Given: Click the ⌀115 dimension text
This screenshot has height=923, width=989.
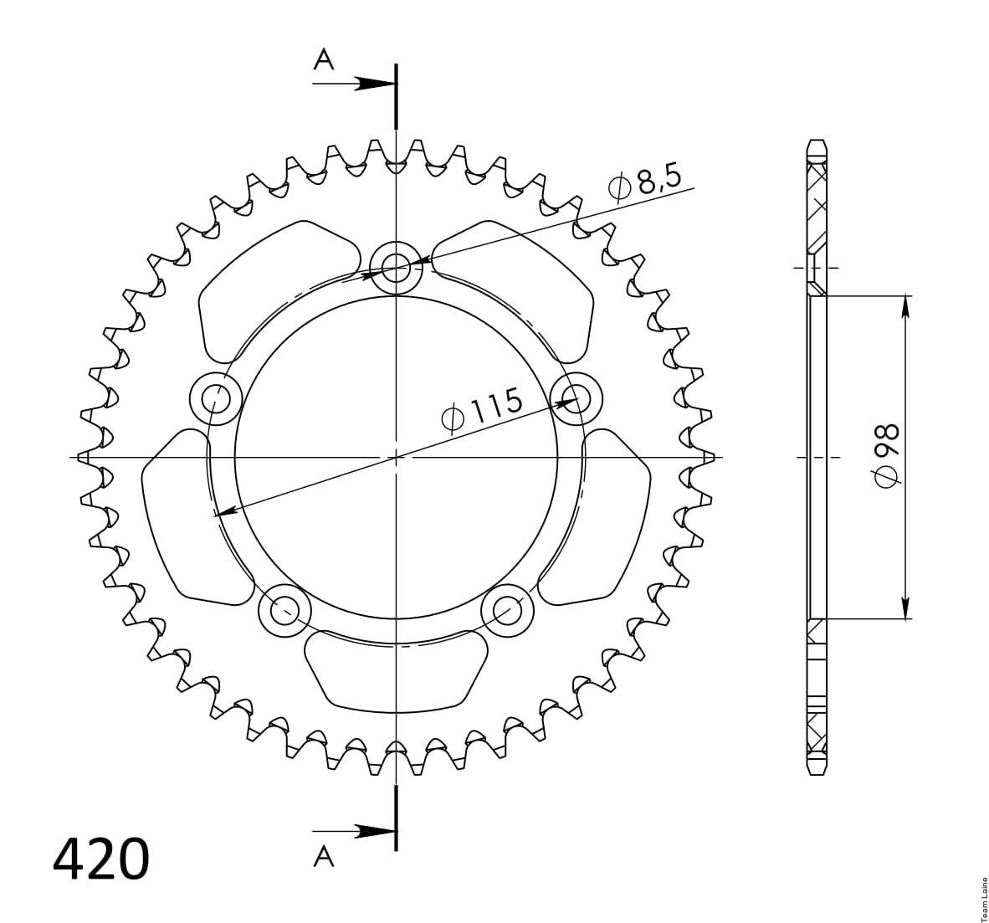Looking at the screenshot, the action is pos(483,410).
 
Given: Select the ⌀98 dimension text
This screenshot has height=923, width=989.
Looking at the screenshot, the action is pos(886,456).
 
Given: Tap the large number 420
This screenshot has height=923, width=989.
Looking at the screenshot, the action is pos(101,859).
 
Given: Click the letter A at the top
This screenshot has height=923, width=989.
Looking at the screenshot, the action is pos(324,60).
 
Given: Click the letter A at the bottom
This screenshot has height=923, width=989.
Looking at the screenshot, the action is pos(324,856).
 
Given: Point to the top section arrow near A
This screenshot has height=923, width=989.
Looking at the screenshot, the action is pos(355,84).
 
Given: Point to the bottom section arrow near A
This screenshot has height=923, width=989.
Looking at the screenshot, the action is pos(355,831).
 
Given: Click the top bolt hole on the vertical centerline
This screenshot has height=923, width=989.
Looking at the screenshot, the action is pos(396,268).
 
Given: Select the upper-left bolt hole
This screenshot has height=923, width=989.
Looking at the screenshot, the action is pos(216,398).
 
